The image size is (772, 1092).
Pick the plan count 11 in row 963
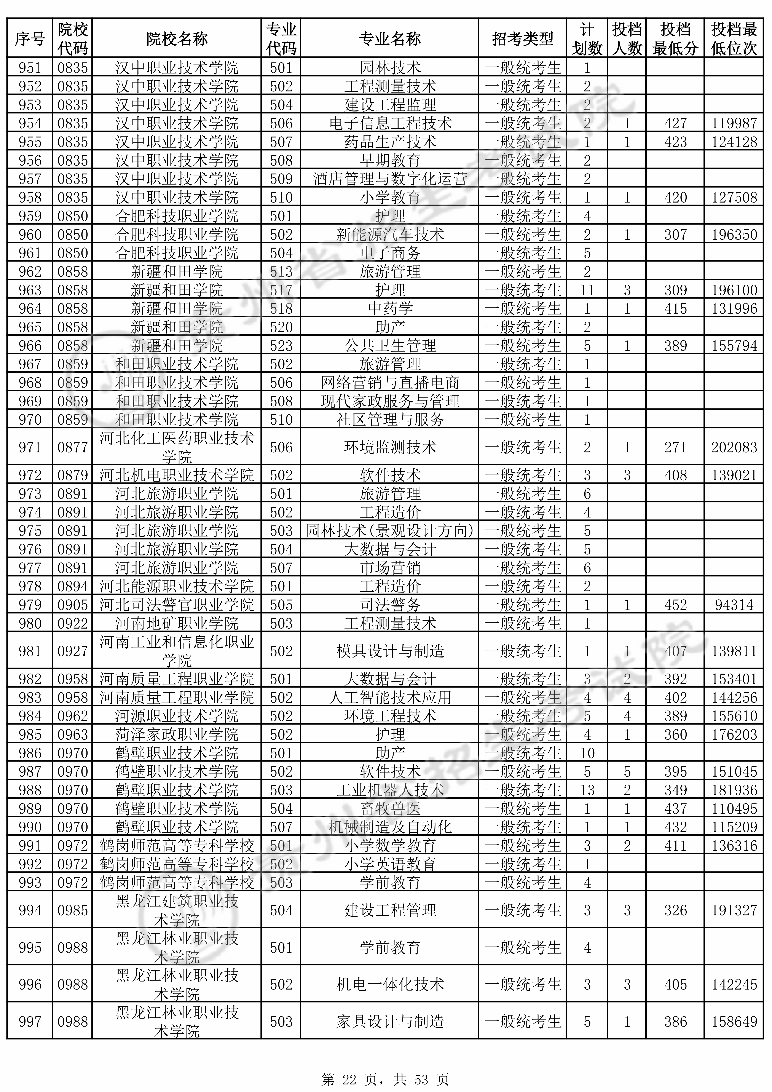point(587,290)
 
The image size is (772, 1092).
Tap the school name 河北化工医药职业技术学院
point(177,447)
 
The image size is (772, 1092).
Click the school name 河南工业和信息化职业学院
point(177,651)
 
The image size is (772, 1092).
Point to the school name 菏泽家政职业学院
point(177,735)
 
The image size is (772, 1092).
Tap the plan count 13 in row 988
point(587,790)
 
